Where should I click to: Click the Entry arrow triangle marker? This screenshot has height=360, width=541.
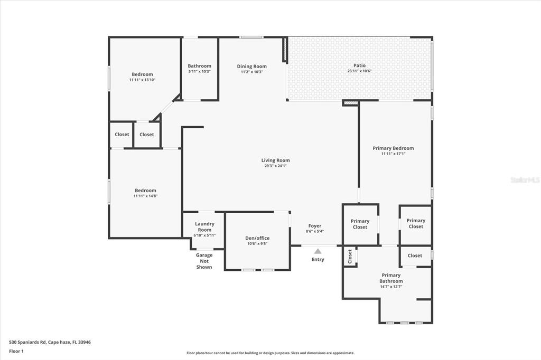(x=318, y=251)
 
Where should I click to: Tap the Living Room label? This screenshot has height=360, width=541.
(x=275, y=160)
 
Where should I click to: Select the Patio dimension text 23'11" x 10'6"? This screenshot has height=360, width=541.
(x=359, y=71)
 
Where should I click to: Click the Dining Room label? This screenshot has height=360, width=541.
(x=251, y=67)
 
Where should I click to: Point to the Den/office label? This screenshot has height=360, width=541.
(x=257, y=238)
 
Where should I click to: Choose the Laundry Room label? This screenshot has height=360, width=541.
(x=204, y=227)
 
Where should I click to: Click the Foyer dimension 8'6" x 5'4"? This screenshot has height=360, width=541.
(x=314, y=232)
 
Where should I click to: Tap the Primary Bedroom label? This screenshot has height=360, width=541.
(x=393, y=148)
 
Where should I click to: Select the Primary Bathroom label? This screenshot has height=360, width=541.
(x=391, y=278)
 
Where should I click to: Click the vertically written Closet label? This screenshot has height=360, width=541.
(x=350, y=257)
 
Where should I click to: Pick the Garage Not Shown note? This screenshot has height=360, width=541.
(x=204, y=261)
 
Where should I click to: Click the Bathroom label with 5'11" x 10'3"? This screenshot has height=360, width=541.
(x=199, y=66)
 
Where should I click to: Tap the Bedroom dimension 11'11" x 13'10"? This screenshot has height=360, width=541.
(x=142, y=80)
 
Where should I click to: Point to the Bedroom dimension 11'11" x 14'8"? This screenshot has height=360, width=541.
(x=145, y=196)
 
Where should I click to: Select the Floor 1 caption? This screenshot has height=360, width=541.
(x=16, y=350)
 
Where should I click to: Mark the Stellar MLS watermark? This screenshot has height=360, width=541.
(x=525, y=180)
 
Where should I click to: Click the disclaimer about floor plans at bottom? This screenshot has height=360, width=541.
(x=270, y=353)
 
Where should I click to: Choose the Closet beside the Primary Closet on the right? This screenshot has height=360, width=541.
(x=415, y=255)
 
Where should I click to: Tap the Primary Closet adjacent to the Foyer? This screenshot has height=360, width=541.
(x=360, y=224)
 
